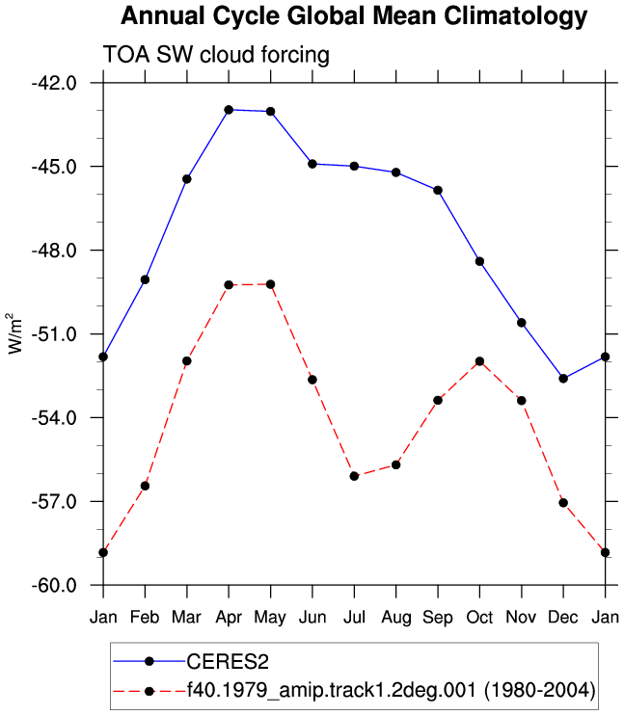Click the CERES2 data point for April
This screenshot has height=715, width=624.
pos(229,110)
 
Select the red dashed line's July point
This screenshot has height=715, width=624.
pos(354,476)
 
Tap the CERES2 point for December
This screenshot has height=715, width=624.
pos(563,379)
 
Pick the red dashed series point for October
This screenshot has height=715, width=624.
pos(479,361)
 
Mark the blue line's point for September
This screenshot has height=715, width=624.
pos(438,190)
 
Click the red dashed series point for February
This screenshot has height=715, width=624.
pos(146,486)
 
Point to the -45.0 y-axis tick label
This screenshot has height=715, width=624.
pos(54,167)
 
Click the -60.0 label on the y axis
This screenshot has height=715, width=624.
pos(54,585)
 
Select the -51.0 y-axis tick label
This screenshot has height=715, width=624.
pos(54,334)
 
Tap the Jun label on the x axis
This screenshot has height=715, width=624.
pos(312,618)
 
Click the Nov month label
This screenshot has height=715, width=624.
pos(522,618)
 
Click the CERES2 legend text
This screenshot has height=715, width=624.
pos(228,662)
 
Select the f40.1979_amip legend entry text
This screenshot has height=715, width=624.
pos(392,690)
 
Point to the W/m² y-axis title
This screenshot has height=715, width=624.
pos(15,333)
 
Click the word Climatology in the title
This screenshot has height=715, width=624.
pos(515,17)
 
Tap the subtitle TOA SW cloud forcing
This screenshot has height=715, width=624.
pos(216,55)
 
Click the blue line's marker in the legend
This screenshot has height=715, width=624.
pos(149,661)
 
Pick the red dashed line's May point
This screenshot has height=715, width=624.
pos(271,284)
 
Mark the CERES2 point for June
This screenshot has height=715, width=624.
pos(312,164)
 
